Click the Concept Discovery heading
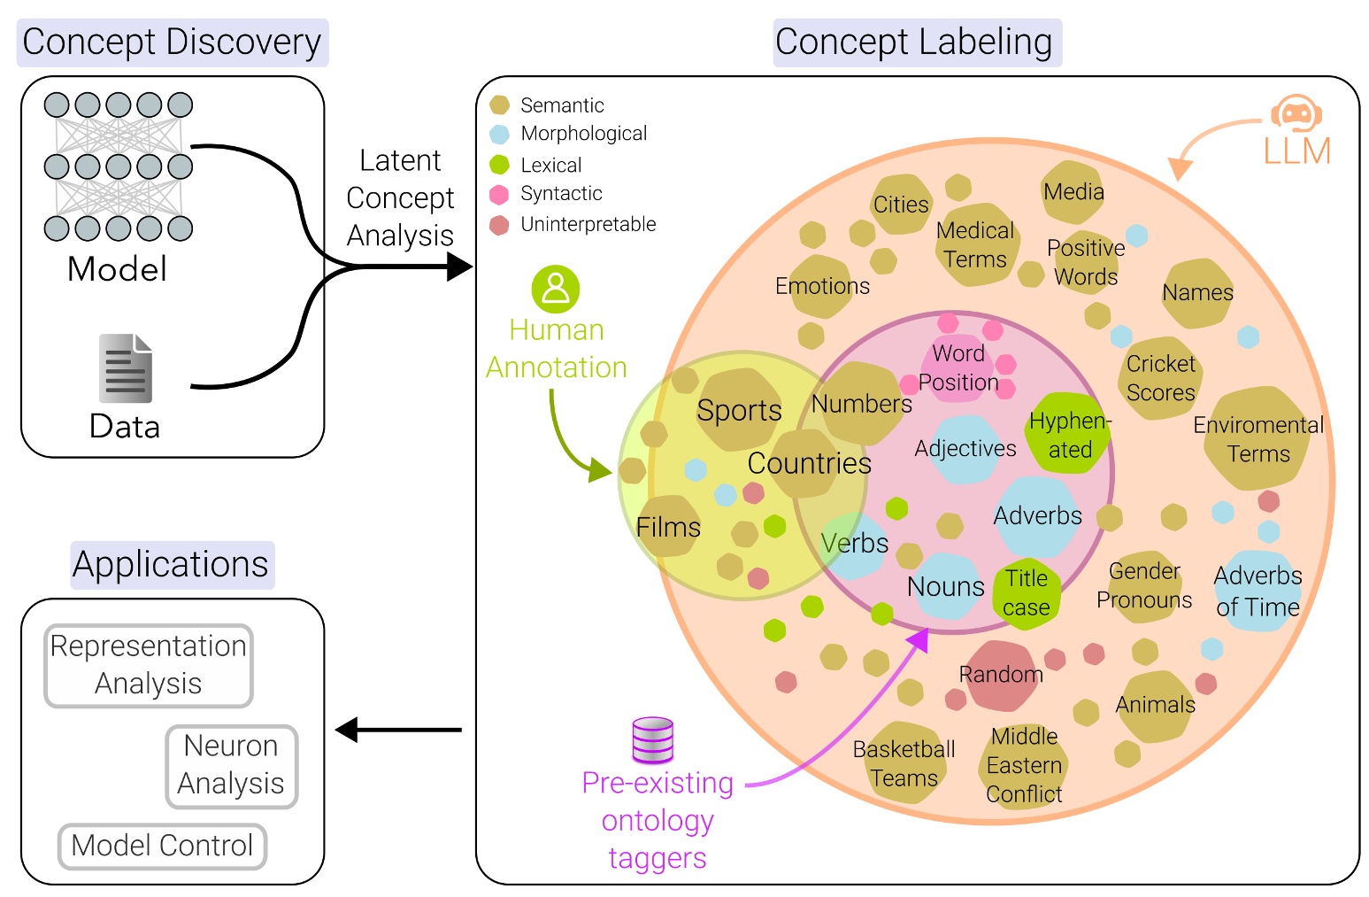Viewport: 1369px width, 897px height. coord(172,43)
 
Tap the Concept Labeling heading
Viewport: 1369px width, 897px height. coord(916,43)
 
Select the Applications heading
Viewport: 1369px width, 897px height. coord(172,565)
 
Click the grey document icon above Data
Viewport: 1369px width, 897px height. coord(125,368)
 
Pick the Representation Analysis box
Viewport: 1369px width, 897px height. coord(149,665)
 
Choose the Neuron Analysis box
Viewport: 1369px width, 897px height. coord(231,765)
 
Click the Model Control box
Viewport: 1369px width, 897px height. coord(162,846)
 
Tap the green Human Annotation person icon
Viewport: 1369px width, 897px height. coord(556,289)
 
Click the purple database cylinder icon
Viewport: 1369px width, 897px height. coord(653,740)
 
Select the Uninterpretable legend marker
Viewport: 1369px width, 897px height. coord(500,225)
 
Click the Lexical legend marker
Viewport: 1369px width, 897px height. coord(500,165)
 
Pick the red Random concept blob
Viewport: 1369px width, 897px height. coord(1001,676)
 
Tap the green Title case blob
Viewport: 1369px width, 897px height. coord(1026,593)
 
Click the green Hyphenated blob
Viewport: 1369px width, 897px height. coord(1068,434)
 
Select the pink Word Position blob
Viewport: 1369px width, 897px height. coord(958,368)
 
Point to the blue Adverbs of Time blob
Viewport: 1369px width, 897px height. coord(1257,592)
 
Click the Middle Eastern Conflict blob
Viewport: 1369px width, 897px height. coord(1024,766)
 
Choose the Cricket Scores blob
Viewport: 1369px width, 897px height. coord(1160,378)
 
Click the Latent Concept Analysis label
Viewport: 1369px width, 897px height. coord(400,198)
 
